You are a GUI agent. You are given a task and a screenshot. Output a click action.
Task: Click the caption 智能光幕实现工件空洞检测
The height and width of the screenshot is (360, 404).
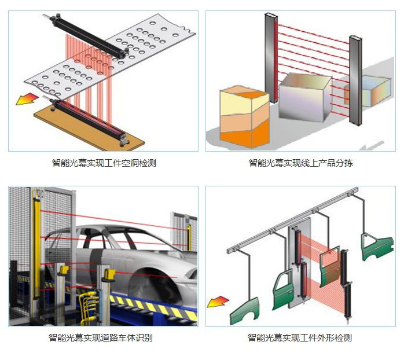click(x=104, y=163)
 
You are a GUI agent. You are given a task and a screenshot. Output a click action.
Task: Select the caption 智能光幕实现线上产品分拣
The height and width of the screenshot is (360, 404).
click(x=300, y=163)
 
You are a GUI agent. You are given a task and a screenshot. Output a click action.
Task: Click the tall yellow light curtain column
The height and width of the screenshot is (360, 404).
click(x=39, y=243)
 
